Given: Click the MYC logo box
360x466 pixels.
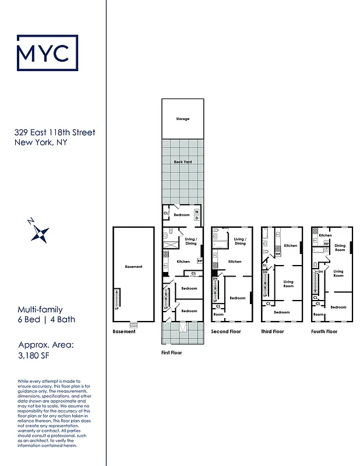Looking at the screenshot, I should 47,52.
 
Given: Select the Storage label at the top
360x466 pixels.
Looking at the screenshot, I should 182,119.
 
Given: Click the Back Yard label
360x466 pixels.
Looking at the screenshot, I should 182,161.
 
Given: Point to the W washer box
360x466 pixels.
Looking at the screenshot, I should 196,211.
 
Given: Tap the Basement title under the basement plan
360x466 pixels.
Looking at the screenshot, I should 123,331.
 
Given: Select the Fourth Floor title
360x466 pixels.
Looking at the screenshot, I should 324,331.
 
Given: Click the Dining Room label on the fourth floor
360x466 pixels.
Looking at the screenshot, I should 340,248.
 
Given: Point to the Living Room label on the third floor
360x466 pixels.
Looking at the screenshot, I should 288,284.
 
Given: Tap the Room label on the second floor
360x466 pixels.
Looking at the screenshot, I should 218,314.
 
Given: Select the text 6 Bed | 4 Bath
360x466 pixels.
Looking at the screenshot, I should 46,319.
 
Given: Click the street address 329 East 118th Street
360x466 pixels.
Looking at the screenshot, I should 55,133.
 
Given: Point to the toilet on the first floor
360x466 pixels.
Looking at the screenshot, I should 166,237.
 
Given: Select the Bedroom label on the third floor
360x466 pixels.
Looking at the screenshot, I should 282,312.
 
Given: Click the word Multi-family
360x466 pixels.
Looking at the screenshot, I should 40,310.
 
